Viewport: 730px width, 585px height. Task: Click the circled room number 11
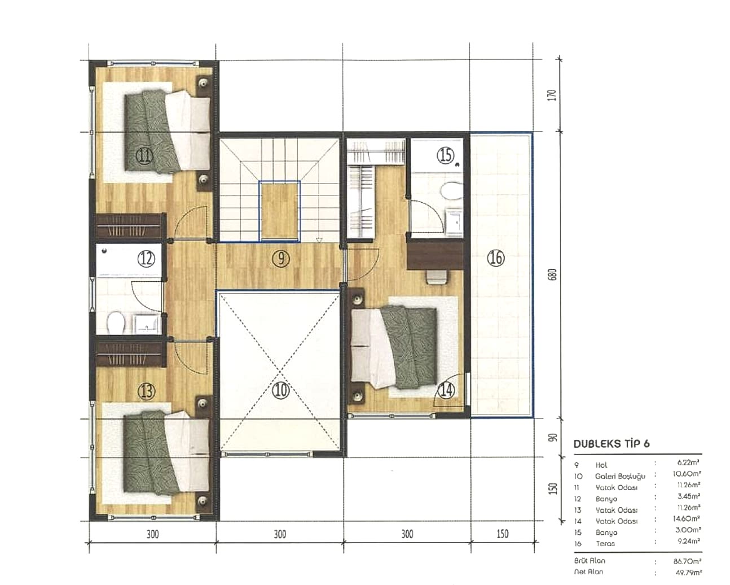[145, 156]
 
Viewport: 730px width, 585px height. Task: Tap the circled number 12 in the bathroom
[146, 259]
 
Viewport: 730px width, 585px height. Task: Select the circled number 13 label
[146, 391]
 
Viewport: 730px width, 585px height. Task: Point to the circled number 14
[446, 390]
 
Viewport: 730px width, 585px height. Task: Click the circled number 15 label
[446, 155]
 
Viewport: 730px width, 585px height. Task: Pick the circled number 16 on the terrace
[496, 259]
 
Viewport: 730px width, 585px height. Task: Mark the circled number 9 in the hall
[280, 259]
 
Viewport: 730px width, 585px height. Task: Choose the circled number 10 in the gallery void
[280, 390]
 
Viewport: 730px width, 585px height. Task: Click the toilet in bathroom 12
[116, 322]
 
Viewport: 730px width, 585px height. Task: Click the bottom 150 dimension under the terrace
[502, 534]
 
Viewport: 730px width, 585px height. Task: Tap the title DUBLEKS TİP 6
[611, 444]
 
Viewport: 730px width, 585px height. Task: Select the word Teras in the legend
[605, 544]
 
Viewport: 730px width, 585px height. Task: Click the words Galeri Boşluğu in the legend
[620, 476]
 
